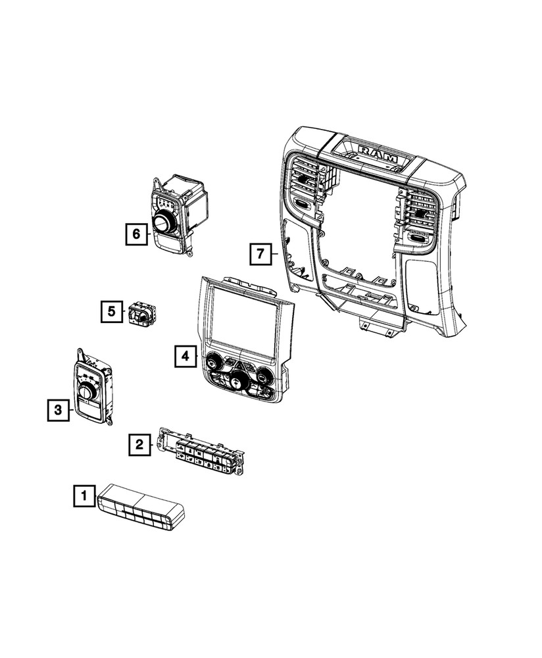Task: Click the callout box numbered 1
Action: (84, 495)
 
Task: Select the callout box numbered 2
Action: (139, 445)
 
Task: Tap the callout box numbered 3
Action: (58, 411)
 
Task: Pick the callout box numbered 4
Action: (185, 356)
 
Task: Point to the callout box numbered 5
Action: (112, 311)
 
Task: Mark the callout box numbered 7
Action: (260, 253)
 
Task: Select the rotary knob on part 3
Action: (87, 392)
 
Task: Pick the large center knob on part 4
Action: (236, 382)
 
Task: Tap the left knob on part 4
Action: (213, 361)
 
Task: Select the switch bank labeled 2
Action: (200, 455)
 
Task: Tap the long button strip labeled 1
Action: (141, 507)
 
